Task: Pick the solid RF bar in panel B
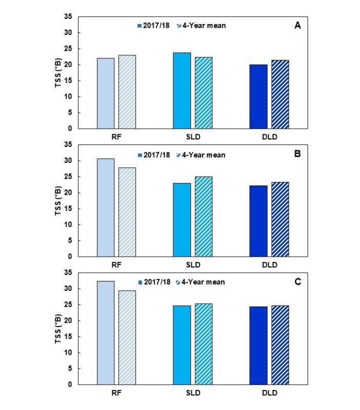(106, 208)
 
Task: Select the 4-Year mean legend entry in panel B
(201, 155)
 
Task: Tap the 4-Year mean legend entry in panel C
(201, 282)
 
